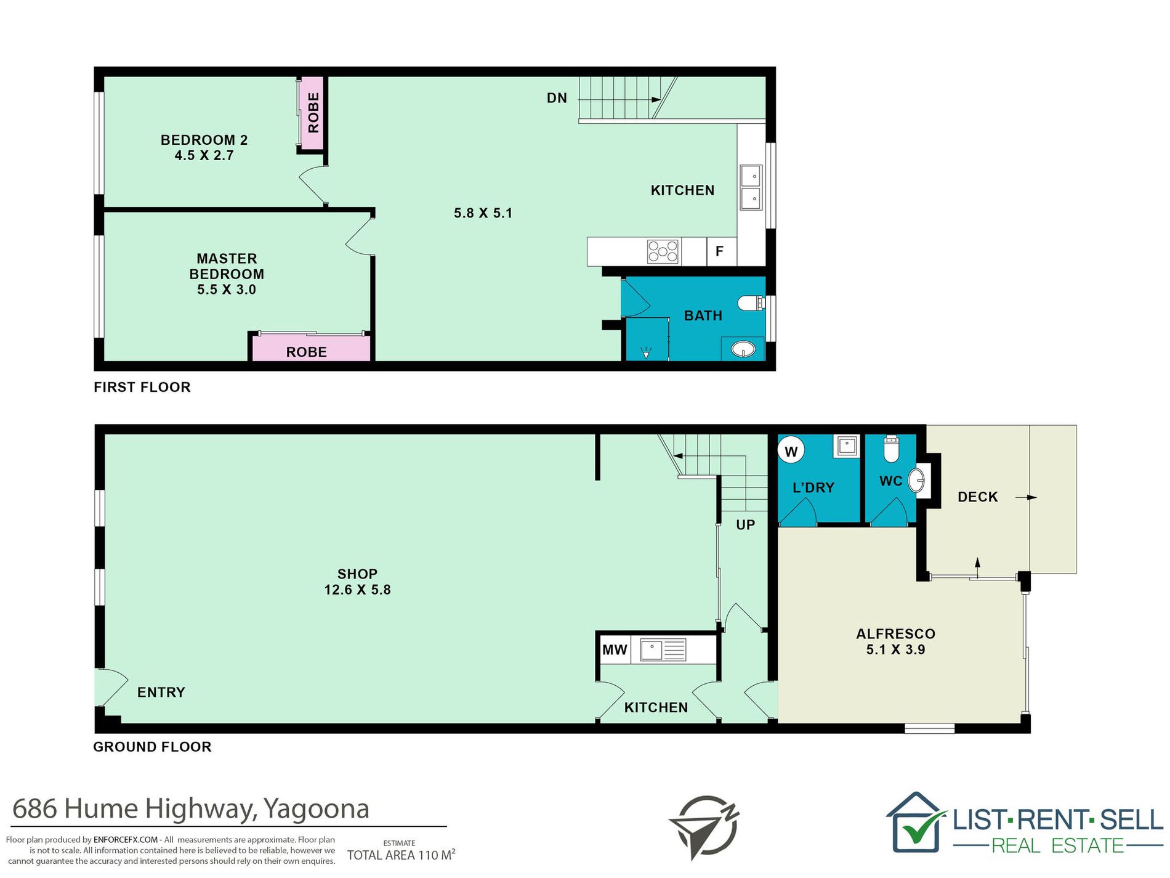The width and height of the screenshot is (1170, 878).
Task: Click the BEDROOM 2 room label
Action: point(204,140)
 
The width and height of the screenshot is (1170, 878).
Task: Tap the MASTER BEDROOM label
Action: point(227,266)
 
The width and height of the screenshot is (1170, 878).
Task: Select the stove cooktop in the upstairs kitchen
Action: point(663,251)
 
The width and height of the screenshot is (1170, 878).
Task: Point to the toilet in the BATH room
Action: point(751,303)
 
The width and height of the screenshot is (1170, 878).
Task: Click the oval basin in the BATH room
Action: point(743,350)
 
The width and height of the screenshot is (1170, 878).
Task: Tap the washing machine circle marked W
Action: point(791,451)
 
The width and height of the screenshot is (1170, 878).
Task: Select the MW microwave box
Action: point(615,649)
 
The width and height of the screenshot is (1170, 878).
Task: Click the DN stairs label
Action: point(557,98)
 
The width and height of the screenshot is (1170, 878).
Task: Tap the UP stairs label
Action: point(745,525)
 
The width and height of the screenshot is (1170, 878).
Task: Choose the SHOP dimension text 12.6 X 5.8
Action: point(357,590)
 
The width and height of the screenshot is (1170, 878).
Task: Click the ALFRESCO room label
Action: point(895,633)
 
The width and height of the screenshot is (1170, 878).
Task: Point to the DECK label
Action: point(977,497)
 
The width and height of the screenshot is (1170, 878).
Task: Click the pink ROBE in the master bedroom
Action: point(310,348)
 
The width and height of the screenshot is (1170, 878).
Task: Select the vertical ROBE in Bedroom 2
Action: point(312,113)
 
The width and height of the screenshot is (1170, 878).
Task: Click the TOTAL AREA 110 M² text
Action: point(401,855)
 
